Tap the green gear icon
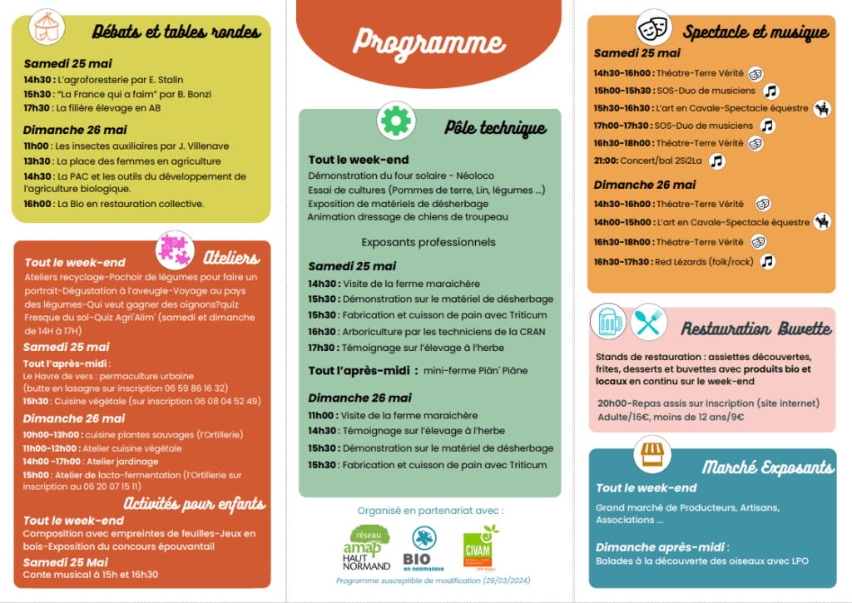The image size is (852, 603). click(x=394, y=121)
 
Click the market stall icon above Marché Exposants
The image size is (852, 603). click(x=651, y=454)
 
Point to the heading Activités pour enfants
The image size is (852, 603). click(x=195, y=503)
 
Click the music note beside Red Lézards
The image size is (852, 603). click(x=767, y=261)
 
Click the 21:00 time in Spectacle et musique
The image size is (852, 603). click(x=606, y=161)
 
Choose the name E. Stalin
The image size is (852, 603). click(x=165, y=80)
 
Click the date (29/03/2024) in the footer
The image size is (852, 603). click(x=503, y=580)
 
